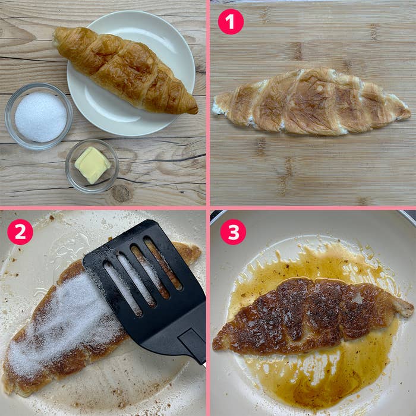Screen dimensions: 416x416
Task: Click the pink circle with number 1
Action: point(231,21)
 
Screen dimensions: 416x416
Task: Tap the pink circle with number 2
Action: point(20,232)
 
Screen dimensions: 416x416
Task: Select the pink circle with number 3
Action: point(233,232)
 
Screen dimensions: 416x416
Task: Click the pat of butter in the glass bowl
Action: point(92,165)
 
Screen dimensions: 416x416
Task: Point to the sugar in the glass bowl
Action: point(40,117)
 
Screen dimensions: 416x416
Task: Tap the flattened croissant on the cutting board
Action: point(312,102)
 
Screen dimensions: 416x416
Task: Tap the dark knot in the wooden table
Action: point(121,193)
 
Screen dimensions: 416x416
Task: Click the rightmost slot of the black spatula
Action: point(162,263)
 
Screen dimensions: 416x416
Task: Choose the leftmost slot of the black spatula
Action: point(122,289)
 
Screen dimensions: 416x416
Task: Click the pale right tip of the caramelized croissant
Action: point(405,310)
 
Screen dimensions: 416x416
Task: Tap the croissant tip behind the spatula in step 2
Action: point(189,252)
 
